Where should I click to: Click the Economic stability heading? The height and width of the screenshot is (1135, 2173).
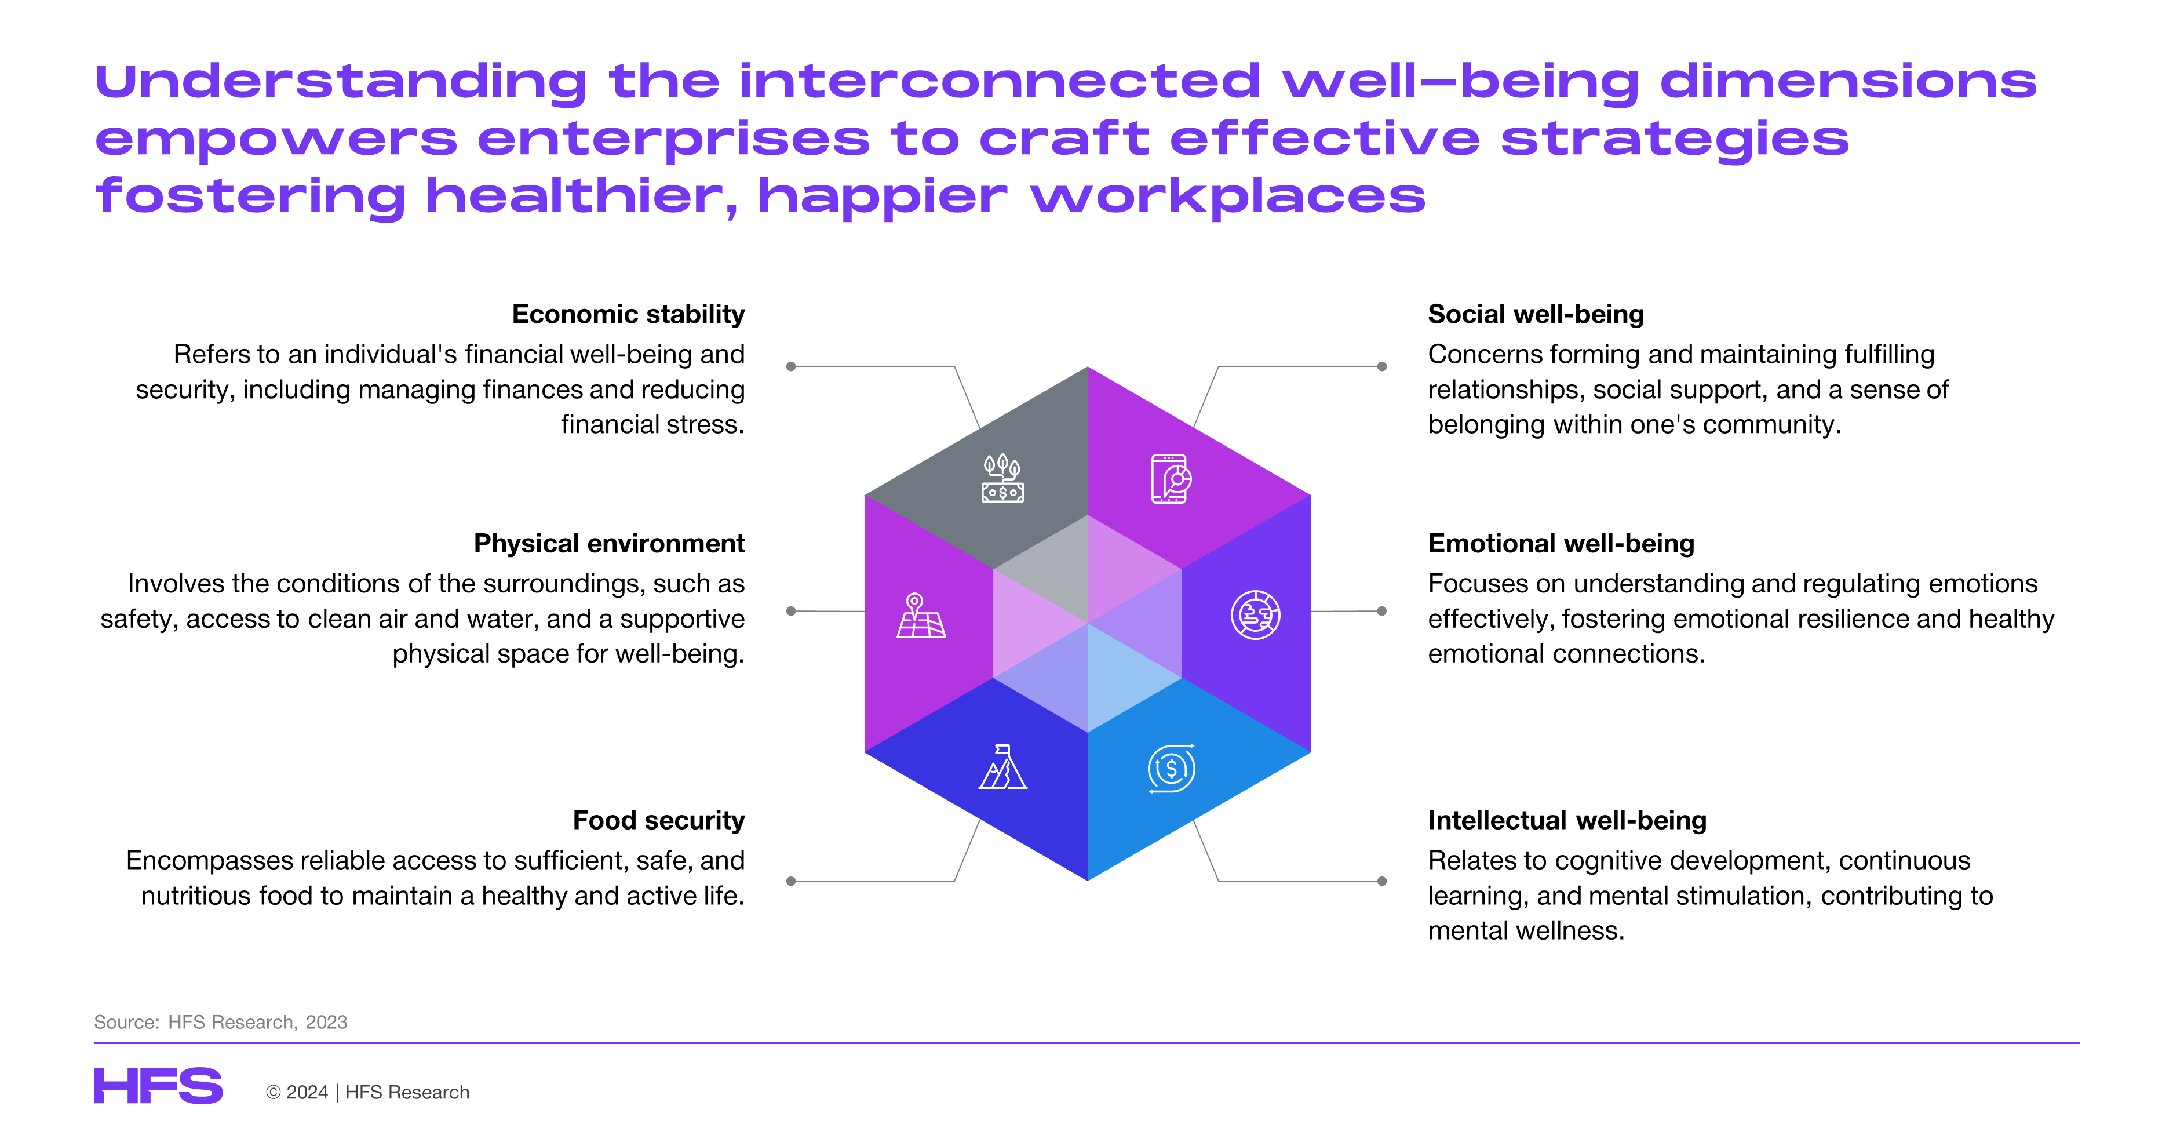(629, 314)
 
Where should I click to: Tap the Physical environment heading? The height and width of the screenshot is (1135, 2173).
(609, 544)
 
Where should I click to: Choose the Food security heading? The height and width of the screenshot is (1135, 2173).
(659, 820)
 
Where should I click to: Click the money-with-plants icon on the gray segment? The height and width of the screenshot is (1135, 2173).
(1002, 478)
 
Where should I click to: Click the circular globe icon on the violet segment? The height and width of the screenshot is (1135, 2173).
(1255, 614)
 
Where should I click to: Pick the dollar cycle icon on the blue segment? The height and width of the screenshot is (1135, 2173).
(1172, 768)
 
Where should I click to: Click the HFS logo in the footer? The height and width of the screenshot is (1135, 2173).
(158, 1086)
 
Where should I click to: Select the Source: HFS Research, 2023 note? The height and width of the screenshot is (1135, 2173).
(220, 1022)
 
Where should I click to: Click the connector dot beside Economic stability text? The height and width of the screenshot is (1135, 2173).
(791, 366)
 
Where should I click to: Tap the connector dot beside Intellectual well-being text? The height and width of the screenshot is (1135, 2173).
(1382, 881)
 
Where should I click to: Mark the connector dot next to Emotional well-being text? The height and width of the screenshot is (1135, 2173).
(1382, 611)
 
